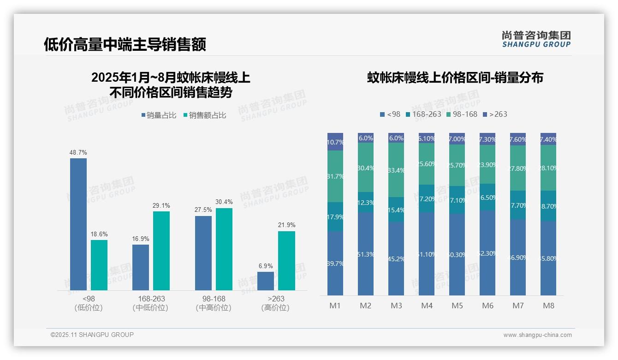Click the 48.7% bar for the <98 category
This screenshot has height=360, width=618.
(x=78, y=224)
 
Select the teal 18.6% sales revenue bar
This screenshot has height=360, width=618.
(x=99, y=265)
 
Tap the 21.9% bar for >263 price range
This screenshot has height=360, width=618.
(x=286, y=260)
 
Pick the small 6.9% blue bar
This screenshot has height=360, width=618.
(x=266, y=281)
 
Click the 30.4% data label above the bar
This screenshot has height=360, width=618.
(x=224, y=202)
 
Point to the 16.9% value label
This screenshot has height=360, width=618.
(x=141, y=239)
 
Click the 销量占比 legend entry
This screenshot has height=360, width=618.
(x=159, y=115)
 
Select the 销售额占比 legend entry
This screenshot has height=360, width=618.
(x=205, y=115)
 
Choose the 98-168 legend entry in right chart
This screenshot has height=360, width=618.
(x=462, y=114)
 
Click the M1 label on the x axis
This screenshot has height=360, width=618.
(x=335, y=306)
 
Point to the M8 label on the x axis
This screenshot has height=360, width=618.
(x=548, y=306)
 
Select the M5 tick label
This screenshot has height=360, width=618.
(x=457, y=306)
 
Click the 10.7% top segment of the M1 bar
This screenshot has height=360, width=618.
(x=335, y=142)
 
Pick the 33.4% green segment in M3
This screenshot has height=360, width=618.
(x=396, y=170)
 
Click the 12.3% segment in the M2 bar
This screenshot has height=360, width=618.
(x=366, y=202)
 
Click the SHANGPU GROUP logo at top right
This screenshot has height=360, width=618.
(x=536, y=39)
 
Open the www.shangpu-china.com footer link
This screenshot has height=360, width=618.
(x=537, y=335)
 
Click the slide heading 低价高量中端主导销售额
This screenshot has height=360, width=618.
(x=125, y=44)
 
